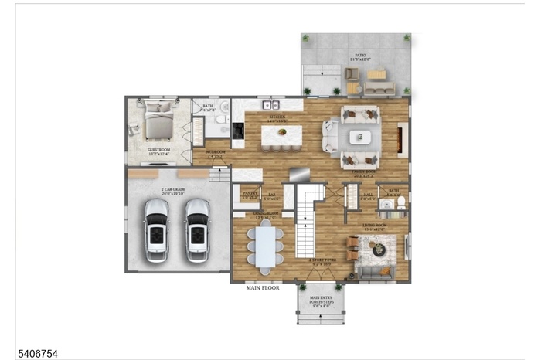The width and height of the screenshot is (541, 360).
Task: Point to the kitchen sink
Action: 270,104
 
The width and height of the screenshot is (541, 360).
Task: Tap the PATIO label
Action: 359,56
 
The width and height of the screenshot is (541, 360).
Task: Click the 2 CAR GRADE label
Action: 173,189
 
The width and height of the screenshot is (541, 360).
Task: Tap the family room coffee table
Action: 359,138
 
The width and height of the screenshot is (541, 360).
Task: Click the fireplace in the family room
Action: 400,139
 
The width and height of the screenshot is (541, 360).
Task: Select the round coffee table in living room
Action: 379,249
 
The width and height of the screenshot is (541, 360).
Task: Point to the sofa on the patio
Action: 379,89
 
